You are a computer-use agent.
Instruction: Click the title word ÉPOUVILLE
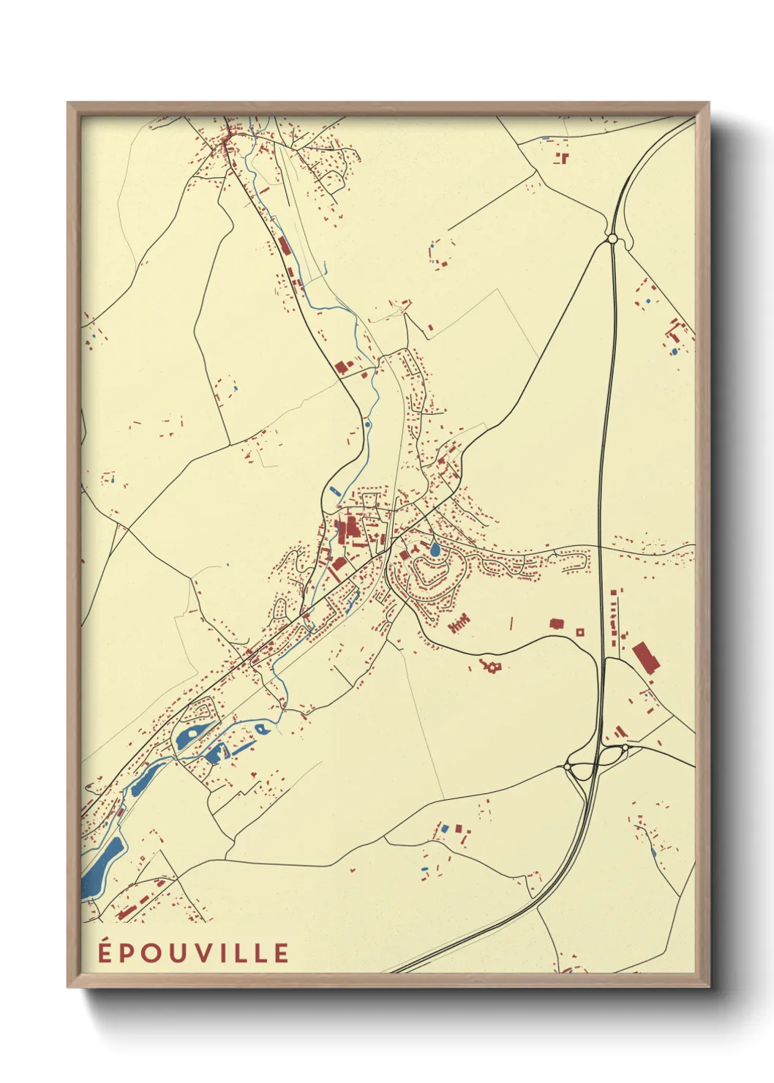194,952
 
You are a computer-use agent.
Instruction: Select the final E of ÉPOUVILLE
281,953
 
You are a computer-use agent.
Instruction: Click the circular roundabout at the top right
612,239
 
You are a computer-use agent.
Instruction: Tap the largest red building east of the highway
646,657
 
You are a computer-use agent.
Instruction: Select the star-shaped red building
490,665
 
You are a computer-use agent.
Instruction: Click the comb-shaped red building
459,624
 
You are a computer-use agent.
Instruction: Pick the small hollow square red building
580,632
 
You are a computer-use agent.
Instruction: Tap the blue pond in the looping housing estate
435,547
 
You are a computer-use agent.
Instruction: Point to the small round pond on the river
367,424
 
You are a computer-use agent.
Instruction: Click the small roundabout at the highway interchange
567,766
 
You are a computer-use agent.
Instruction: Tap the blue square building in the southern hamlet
443,828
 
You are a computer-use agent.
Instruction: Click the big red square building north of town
340,367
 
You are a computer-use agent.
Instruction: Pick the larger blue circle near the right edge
674,352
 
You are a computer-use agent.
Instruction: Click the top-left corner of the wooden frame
68,103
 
